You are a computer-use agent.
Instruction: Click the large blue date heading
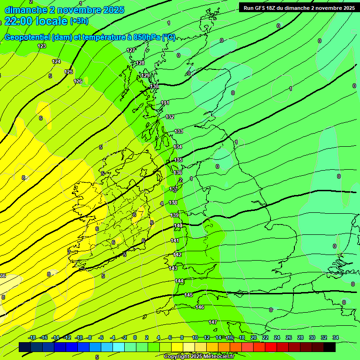pyautogui.click(x=64, y=10)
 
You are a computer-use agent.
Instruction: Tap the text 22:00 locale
pyautogui.click(x=36, y=21)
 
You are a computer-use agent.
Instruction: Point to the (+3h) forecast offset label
pyautogui.click(x=79, y=21)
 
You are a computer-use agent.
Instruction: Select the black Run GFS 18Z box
pyautogui.click(x=299, y=7)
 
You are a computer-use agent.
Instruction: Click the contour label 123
pyautogui.click(x=42, y=46)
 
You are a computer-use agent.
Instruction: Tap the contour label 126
pyautogui.click(x=78, y=81)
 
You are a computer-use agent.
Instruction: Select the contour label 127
pyautogui.click(x=131, y=50)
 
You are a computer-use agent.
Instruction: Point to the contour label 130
pyautogui.click(x=154, y=87)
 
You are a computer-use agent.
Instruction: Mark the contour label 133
pyautogui.click(x=179, y=131)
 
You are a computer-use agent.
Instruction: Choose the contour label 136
pyautogui.click(x=178, y=172)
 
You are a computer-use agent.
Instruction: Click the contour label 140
pyautogui.click(x=178, y=225)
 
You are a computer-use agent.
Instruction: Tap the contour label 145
pyautogui.click(x=188, y=295)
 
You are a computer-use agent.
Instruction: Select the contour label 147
pyautogui.click(x=213, y=322)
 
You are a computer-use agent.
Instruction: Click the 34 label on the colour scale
pyautogui.click(x=336, y=337)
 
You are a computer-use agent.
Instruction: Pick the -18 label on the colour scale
pyautogui.click(x=32, y=337)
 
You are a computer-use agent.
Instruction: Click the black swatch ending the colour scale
pyautogui.click(x=330, y=347)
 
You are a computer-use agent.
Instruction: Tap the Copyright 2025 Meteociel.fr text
pyautogui.click(x=199, y=357)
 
